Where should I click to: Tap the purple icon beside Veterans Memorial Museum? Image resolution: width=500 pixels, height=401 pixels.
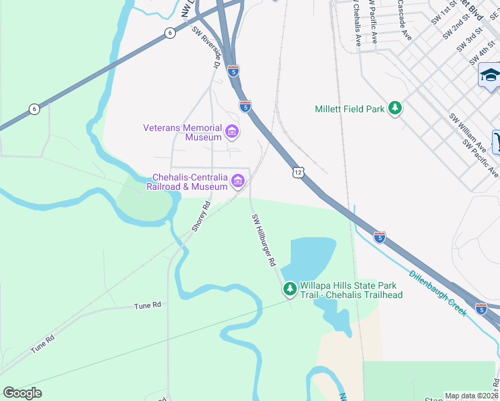coord(232,132)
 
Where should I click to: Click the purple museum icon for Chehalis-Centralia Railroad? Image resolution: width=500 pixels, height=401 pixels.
coord(237,181)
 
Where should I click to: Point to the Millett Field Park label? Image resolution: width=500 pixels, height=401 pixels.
coord(350,108)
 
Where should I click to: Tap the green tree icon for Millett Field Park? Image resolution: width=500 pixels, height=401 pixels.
coord(395,108)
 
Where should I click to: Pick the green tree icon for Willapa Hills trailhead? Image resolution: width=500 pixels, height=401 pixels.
coord(289,289)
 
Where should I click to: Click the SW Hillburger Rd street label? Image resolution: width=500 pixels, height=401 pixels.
coord(263,241)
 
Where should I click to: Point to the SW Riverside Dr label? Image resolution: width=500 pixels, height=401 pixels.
coord(207,47)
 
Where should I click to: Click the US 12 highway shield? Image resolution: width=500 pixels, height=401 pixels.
coord(297,173)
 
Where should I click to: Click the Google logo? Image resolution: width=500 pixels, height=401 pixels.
coord(22,393)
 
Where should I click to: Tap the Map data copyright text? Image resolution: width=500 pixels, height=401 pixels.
coord(472,396)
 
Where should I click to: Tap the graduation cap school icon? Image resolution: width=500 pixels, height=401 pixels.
coord(490,75)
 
